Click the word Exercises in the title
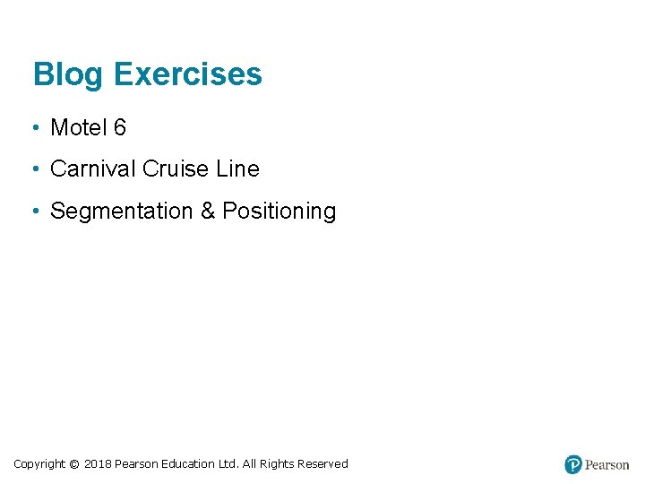(x=188, y=74)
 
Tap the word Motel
(x=79, y=128)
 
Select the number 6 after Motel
(x=120, y=128)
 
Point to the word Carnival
(x=93, y=169)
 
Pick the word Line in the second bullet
(x=237, y=169)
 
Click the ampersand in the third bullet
(x=208, y=212)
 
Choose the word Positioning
(x=279, y=212)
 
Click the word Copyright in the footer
(x=39, y=464)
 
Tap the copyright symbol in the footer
(x=74, y=464)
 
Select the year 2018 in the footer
(x=98, y=464)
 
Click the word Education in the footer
(x=188, y=464)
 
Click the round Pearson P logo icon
(x=573, y=464)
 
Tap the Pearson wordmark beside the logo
(x=607, y=465)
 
